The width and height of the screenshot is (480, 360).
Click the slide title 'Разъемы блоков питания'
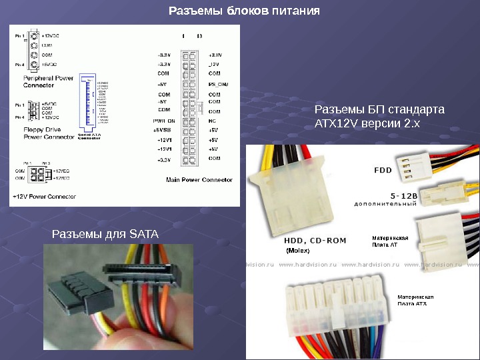244,11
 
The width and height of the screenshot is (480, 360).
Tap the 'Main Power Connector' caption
199,179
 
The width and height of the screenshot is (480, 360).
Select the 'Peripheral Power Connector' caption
49,81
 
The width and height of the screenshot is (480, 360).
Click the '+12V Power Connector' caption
41,197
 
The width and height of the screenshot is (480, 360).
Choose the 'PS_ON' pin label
218,85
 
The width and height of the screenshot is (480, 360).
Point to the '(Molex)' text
298,251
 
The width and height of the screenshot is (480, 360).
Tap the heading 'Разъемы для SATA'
105,234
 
